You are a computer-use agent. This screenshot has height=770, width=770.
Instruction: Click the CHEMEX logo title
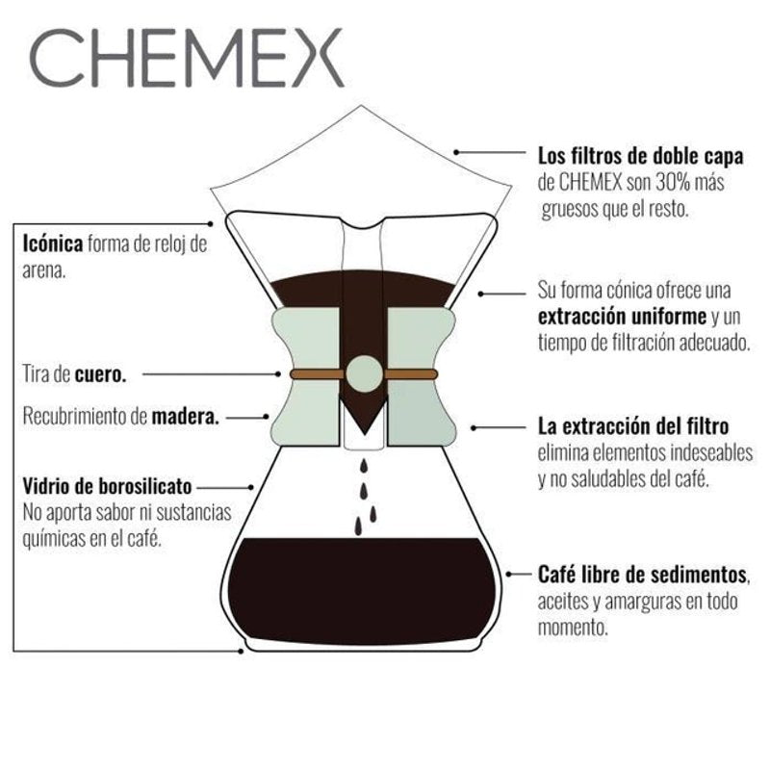point(187,58)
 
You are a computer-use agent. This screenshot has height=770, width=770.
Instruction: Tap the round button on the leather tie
point(364,374)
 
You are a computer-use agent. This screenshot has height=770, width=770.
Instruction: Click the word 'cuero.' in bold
point(101,374)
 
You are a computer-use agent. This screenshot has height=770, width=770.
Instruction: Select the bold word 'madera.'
point(185,417)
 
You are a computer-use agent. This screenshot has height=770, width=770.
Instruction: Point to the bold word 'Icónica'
point(53,244)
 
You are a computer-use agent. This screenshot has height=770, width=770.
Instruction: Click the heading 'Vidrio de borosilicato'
point(107,486)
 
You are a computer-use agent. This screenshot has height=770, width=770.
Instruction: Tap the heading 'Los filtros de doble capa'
point(641,156)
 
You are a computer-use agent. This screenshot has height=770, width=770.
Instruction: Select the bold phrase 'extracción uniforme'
point(622,317)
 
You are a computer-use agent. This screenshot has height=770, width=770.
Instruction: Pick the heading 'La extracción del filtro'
point(633,425)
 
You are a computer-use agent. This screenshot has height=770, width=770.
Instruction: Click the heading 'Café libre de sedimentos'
point(642,574)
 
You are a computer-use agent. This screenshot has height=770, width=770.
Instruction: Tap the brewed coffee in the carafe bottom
point(362,591)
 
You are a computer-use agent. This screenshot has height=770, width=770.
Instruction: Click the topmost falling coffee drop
point(364,466)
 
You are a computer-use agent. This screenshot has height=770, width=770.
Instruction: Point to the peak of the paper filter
point(361,105)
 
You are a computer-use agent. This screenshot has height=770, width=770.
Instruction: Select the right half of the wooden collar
point(422,376)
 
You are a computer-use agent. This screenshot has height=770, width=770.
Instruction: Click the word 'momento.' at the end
point(573,628)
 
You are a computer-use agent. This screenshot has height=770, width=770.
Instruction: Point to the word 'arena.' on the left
point(44,270)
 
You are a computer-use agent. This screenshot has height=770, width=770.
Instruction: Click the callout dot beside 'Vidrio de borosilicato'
point(251,488)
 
